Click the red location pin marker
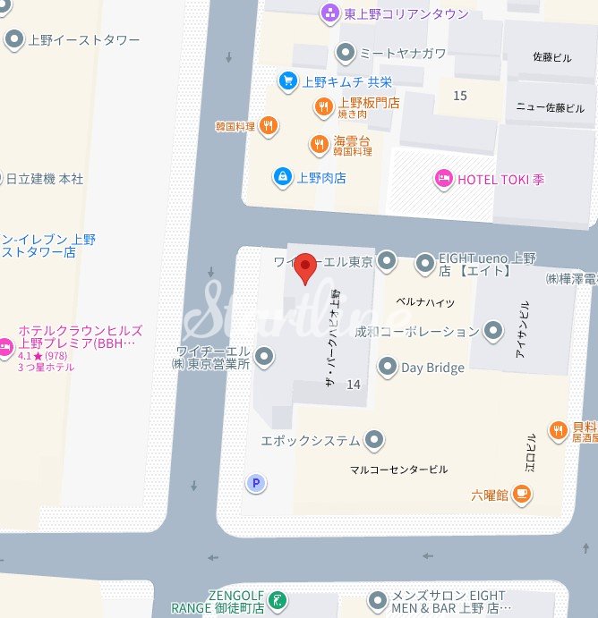(x=306, y=267)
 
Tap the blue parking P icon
(x=256, y=484)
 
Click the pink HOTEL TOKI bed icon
(x=443, y=179)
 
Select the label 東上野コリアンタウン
(x=406, y=13)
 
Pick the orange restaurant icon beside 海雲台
(x=319, y=144)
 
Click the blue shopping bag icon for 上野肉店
(x=282, y=176)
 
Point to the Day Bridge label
(x=432, y=368)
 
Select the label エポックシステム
(x=310, y=440)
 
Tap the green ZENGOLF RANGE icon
(x=278, y=600)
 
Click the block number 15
(x=460, y=96)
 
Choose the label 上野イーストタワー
(x=84, y=39)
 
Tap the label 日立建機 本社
(x=45, y=179)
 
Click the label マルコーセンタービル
(x=398, y=470)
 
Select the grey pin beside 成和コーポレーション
(x=493, y=332)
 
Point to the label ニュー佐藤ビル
(x=550, y=108)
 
